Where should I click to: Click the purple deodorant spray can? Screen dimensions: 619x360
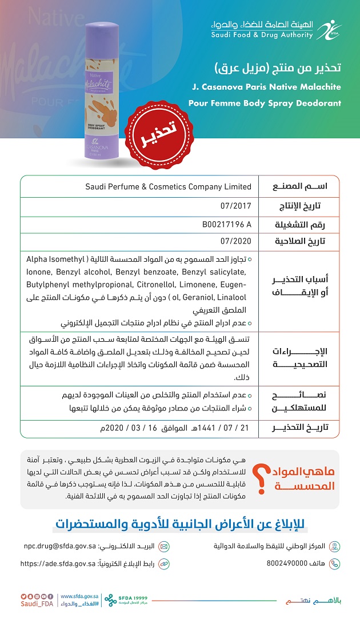click(102, 91)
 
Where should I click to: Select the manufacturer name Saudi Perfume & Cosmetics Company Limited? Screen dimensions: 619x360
click(168, 186)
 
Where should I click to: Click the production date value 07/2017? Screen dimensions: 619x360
click(235, 205)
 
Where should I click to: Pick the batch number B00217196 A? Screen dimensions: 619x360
click(227, 223)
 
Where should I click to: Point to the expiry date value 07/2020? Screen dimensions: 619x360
click(235, 241)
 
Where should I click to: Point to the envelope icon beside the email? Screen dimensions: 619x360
click(164, 546)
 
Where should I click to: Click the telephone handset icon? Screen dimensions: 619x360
click(335, 564)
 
